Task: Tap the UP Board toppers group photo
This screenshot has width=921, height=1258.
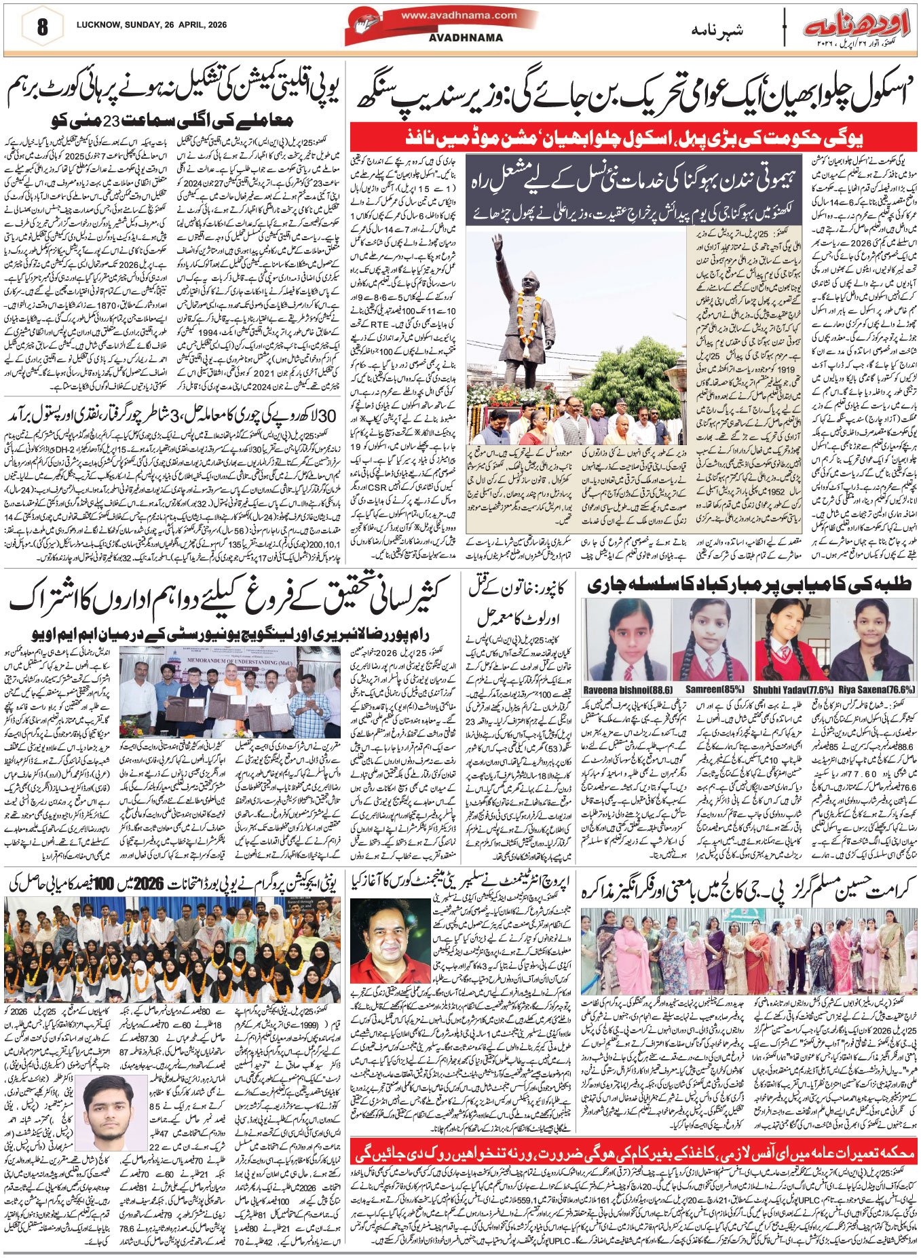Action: [171, 947]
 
